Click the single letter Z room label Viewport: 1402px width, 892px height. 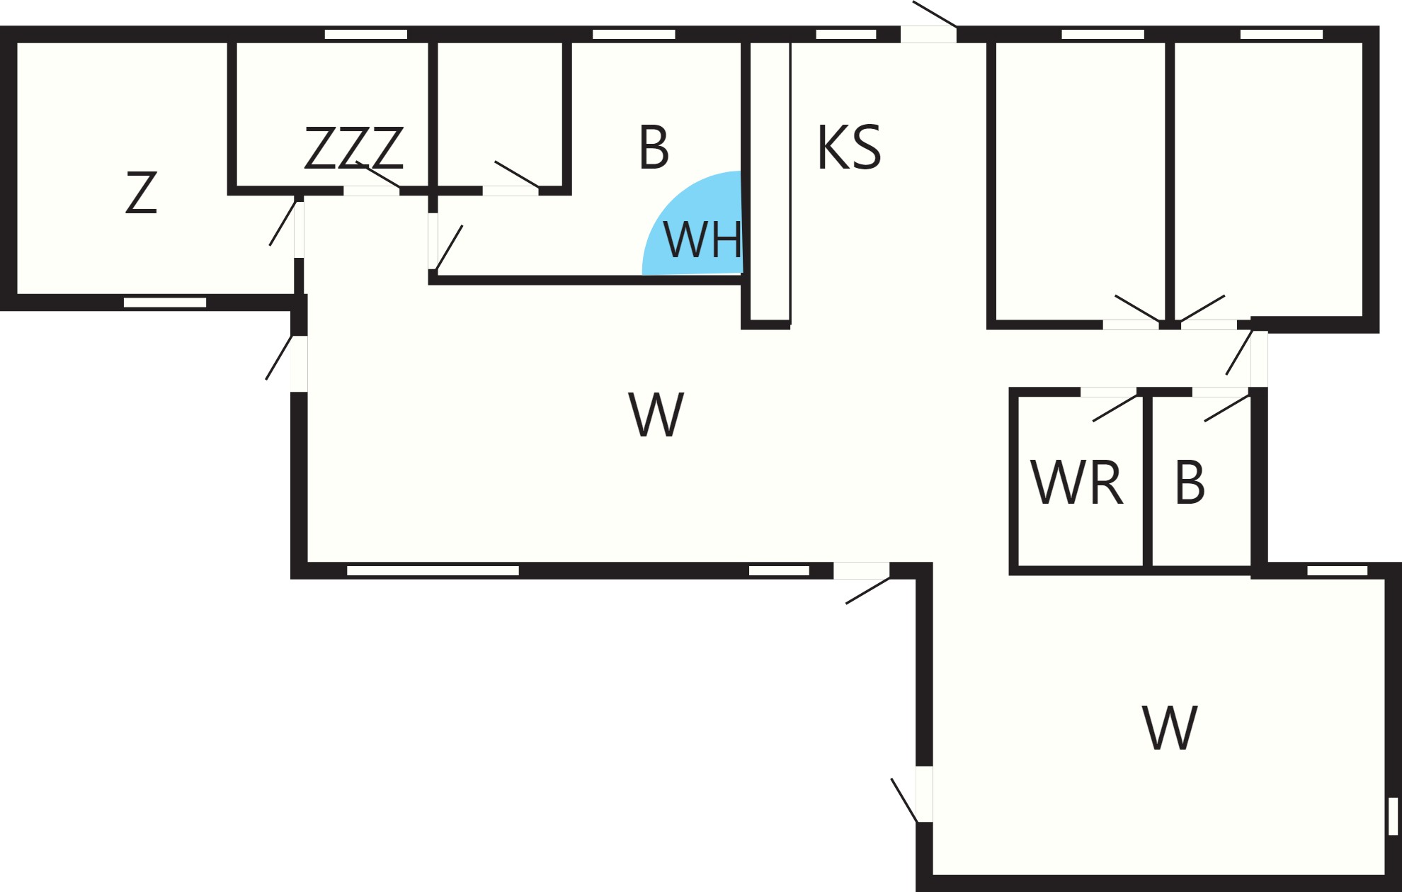[x=141, y=192]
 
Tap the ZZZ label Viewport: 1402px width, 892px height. [x=354, y=148]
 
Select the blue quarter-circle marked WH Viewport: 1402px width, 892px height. [x=693, y=222]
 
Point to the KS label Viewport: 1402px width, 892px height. [x=849, y=147]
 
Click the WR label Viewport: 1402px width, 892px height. [x=1076, y=482]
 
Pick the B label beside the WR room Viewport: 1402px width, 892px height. [x=1190, y=482]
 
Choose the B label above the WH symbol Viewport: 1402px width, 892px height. [x=654, y=147]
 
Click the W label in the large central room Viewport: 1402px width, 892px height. [x=656, y=414]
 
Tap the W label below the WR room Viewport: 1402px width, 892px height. [x=1170, y=728]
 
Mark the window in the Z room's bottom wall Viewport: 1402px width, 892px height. [x=165, y=303]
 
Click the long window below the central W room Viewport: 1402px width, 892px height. [x=433, y=570]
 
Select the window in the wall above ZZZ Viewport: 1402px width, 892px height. [x=365, y=34]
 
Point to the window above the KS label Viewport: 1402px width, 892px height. [x=846, y=34]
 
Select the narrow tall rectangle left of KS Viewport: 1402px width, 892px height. [x=770, y=181]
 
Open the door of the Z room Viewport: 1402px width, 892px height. [x=299, y=230]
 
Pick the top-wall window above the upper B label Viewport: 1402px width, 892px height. [x=634, y=34]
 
